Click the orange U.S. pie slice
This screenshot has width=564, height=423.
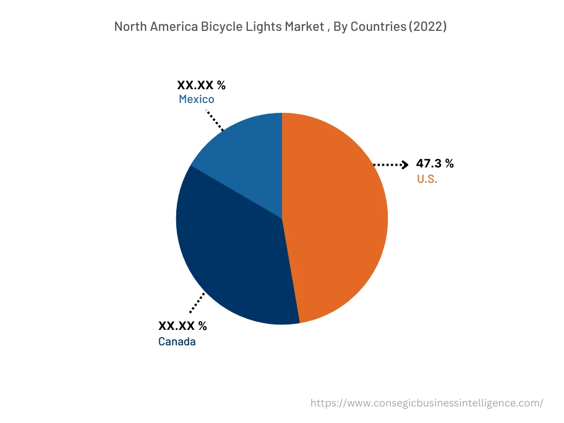coord(336,220)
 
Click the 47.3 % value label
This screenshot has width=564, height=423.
coord(435,164)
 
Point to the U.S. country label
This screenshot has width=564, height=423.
coord(427,179)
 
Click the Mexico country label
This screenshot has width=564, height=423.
coord(196,100)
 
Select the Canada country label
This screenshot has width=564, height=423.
coord(177,341)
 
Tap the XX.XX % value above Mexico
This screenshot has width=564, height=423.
coord(201,85)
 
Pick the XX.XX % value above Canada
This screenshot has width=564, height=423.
coord(182,326)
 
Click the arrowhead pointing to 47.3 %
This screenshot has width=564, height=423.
coord(405,164)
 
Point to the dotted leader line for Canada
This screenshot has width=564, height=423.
coord(197,302)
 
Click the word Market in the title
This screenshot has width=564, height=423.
coord(301,26)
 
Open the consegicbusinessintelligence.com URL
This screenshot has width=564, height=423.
coord(427,403)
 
